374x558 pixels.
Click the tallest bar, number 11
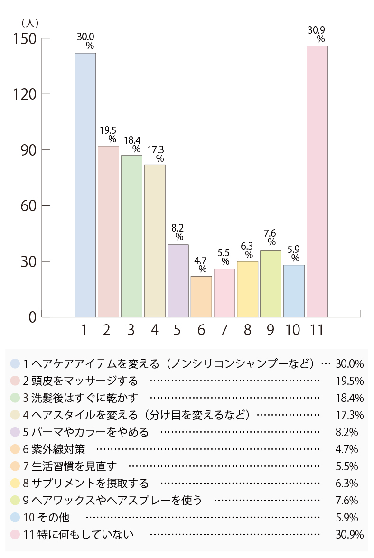point(317,181)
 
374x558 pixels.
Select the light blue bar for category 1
point(85,185)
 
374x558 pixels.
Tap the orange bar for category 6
point(201,297)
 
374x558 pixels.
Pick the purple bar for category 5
point(178,280)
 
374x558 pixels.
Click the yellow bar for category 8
point(247,289)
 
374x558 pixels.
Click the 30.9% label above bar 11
point(317,34)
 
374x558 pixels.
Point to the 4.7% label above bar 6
point(202,264)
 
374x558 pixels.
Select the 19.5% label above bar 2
point(109,134)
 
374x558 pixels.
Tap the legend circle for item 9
point(15,500)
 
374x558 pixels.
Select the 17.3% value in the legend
point(349,415)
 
